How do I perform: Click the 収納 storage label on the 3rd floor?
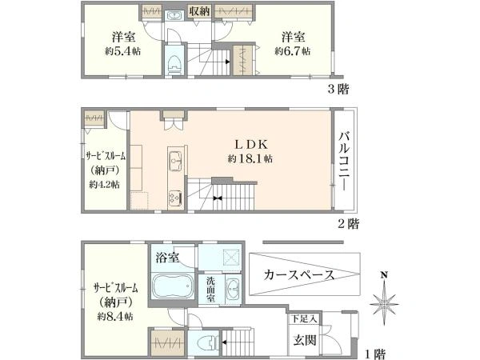[x=199, y=11]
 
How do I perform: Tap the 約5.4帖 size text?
[x=122, y=51]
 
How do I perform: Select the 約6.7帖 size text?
[x=292, y=51]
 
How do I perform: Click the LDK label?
[x=251, y=144]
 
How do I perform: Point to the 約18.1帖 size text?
[x=250, y=159]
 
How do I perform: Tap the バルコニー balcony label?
[x=344, y=161]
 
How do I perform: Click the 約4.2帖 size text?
[x=104, y=185]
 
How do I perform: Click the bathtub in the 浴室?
[x=173, y=286]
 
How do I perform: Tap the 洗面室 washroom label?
[x=210, y=289]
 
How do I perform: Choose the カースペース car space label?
[x=298, y=275]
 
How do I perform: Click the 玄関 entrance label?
[x=304, y=341]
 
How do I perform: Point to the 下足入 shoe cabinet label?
[x=304, y=318]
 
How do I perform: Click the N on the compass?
[x=384, y=274]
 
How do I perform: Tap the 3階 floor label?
[x=338, y=90]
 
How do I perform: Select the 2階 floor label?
[x=348, y=224]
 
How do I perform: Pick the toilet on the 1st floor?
[x=208, y=342]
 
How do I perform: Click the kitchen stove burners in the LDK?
[x=175, y=198]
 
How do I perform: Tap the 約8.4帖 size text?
[x=115, y=316]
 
